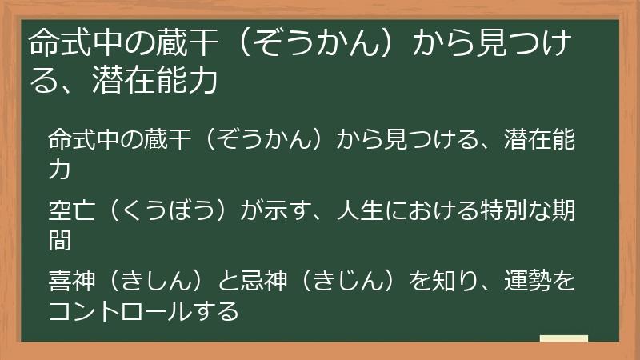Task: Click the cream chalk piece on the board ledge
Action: [564, 339]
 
